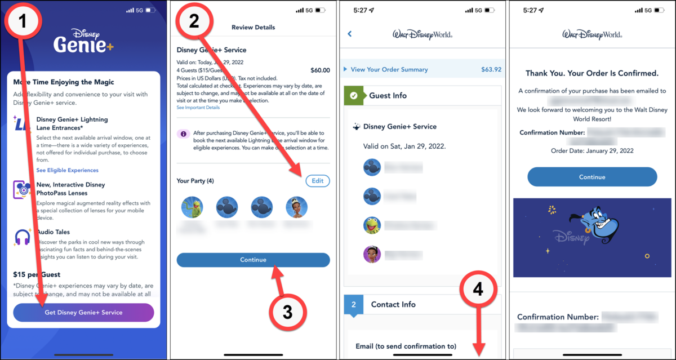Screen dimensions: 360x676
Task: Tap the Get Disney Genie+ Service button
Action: tap(83, 312)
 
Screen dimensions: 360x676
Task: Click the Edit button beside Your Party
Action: tap(318, 181)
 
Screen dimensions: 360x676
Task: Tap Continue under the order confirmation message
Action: tap(592, 177)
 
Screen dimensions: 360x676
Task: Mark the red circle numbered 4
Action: tap(478, 290)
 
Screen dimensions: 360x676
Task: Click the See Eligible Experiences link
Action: tap(67, 170)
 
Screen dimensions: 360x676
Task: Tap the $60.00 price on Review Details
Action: tap(320, 70)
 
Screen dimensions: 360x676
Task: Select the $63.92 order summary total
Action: tap(491, 70)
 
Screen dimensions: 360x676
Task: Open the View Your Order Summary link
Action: tap(389, 70)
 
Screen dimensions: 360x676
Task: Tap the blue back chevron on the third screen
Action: tap(350, 34)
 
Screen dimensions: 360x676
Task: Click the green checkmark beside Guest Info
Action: tap(354, 96)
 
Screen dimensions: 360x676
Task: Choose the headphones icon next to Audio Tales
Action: tap(23, 237)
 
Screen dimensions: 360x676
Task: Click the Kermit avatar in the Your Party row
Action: tap(191, 207)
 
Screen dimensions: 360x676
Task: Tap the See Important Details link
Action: tap(198, 108)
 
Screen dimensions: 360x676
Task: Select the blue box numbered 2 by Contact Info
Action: tap(354, 305)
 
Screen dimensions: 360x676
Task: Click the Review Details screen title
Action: tap(253, 27)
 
